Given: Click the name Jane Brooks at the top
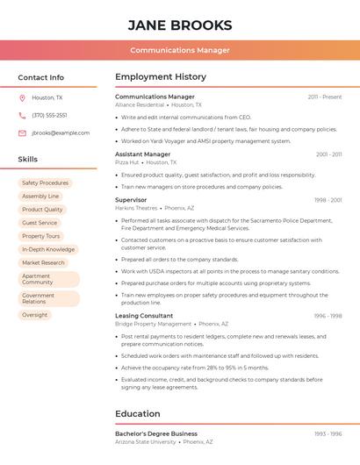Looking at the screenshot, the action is (x=180, y=25).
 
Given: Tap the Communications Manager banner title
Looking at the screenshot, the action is (x=180, y=50).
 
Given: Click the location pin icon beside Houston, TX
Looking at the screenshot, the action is (x=22, y=97).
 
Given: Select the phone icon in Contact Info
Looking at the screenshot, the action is (x=22, y=115).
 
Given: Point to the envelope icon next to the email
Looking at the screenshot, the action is (x=22, y=132).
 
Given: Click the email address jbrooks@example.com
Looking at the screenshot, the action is (x=61, y=132).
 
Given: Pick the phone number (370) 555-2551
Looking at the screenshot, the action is (x=49, y=115).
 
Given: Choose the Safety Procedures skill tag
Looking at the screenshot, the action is (x=45, y=183).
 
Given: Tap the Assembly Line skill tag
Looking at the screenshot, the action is (x=40, y=197).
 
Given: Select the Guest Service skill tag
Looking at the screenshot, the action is (x=40, y=223).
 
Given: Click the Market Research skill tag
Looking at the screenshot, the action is (x=43, y=262).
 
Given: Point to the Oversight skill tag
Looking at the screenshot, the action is (x=35, y=314).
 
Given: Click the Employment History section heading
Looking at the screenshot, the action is (x=161, y=76).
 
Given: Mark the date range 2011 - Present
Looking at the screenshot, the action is (x=324, y=97).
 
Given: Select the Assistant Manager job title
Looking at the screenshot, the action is (x=142, y=154).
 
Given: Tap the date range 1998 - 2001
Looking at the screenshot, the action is (x=328, y=200).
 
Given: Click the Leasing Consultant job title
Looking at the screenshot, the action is (x=144, y=316).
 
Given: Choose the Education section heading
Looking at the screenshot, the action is (x=138, y=413).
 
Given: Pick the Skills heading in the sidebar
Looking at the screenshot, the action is (x=28, y=159).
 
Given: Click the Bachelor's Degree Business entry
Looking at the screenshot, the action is (x=156, y=433).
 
